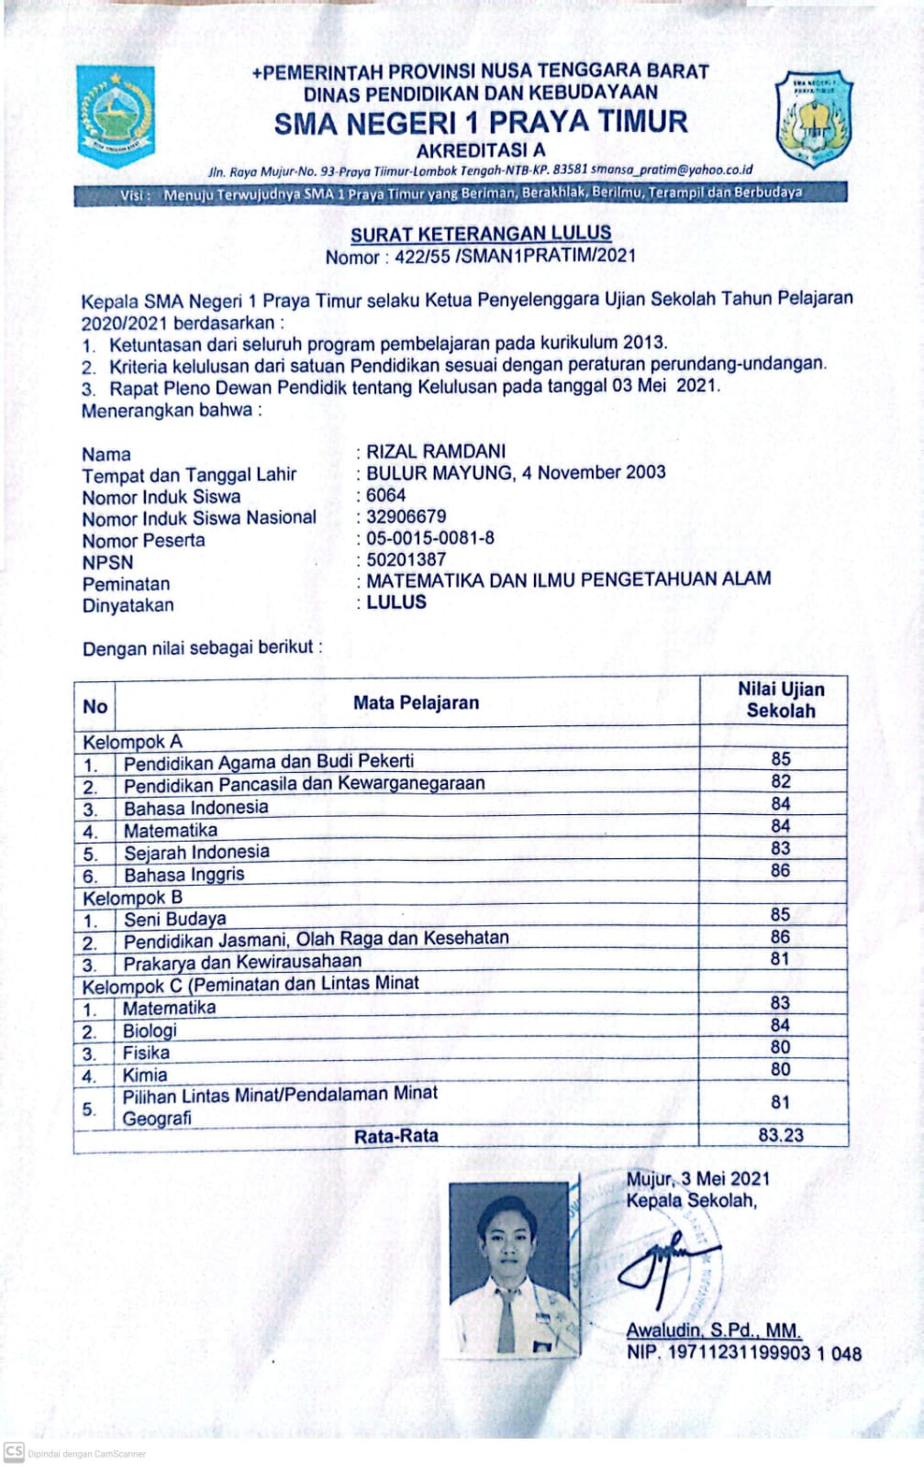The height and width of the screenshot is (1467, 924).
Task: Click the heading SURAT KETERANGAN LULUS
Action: pyautogui.click(x=481, y=234)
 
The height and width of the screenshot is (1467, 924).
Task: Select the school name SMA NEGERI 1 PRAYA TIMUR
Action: pyautogui.click(x=481, y=123)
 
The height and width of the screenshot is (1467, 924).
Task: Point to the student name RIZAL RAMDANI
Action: pyautogui.click(x=436, y=451)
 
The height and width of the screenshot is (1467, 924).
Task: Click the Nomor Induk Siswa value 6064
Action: pyautogui.click(x=385, y=495)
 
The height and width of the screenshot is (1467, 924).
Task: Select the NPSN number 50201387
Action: pyautogui.click(x=406, y=559)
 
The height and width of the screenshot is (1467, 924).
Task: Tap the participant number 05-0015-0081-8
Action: pyautogui.click(x=429, y=538)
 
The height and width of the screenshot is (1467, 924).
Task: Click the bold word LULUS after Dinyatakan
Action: pyautogui.click(x=396, y=602)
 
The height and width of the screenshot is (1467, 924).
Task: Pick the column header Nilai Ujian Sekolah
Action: pyautogui.click(x=780, y=700)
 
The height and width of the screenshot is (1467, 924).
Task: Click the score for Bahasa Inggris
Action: pyautogui.click(x=780, y=871)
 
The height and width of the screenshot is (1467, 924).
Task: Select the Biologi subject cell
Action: pyautogui.click(x=150, y=1031)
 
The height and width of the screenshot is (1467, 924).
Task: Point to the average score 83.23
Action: pyautogui.click(x=780, y=1135)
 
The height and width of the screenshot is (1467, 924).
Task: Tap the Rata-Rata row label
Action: pyautogui.click(x=396, y=1136)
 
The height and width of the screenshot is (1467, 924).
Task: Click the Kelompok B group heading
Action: pyautogui.click(x=132, y=898)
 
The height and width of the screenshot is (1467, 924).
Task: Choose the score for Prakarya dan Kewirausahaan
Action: pyautogui.click(x=780, y=959)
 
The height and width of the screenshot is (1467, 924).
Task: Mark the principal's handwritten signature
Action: pyautogui.click(x=665, y=1263)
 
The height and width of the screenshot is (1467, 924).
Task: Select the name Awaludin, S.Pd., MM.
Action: pyautogui.click(x=713, y=1330)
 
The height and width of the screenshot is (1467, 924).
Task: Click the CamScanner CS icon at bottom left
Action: pyautogui.click(x=14, y=1452)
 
